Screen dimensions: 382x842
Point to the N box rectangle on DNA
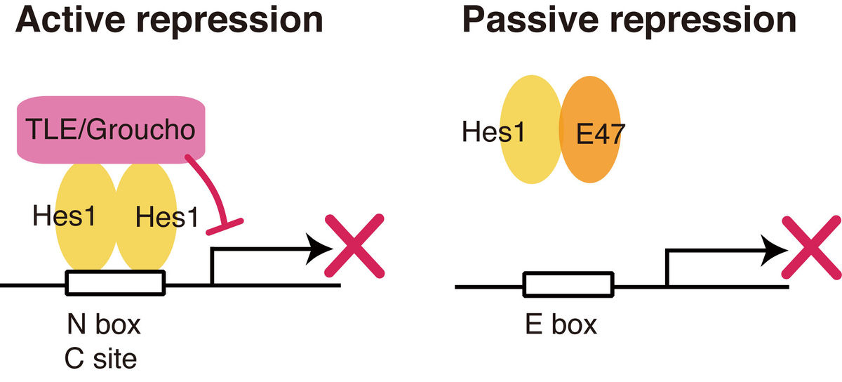pyautogui.click(x=116, y=284)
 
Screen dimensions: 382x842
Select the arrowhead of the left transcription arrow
pyautogui.click(x=321, y=248)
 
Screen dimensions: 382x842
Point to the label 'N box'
pyautogui.click(x=104, y=325)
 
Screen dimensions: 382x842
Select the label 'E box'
pyautogui.click(x=560, y=325)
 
